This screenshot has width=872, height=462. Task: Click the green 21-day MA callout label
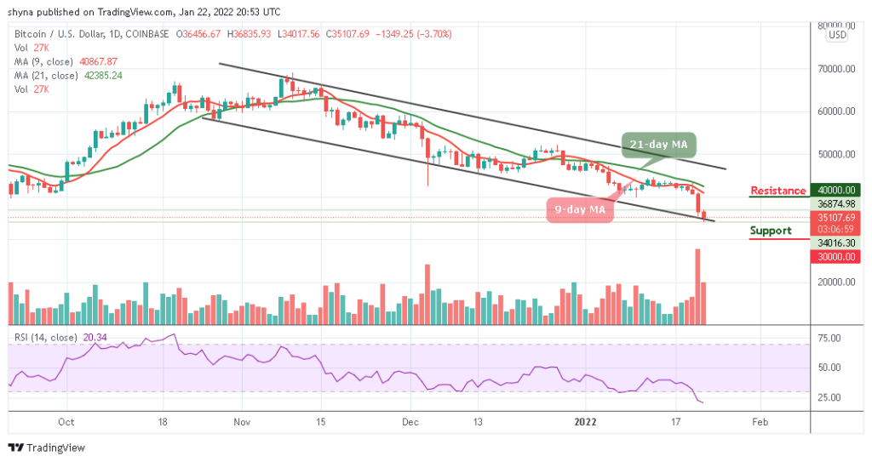655,145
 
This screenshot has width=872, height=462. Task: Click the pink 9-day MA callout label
580,209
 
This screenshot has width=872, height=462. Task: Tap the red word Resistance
777,191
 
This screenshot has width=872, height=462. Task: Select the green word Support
770,231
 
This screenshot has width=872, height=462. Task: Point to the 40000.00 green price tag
831,191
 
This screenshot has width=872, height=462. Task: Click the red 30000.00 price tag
831,255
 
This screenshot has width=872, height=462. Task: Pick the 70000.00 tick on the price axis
831,68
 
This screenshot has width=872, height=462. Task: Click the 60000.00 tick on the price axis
831,111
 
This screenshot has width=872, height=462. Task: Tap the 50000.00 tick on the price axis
831,155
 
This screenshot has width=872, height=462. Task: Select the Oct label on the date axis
68,421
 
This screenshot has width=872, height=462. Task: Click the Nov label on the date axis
243,421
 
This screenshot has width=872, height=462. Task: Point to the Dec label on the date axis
410,421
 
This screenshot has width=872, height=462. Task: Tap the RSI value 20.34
91,338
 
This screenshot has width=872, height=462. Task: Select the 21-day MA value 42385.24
105,74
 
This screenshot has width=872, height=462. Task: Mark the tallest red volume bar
697,286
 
